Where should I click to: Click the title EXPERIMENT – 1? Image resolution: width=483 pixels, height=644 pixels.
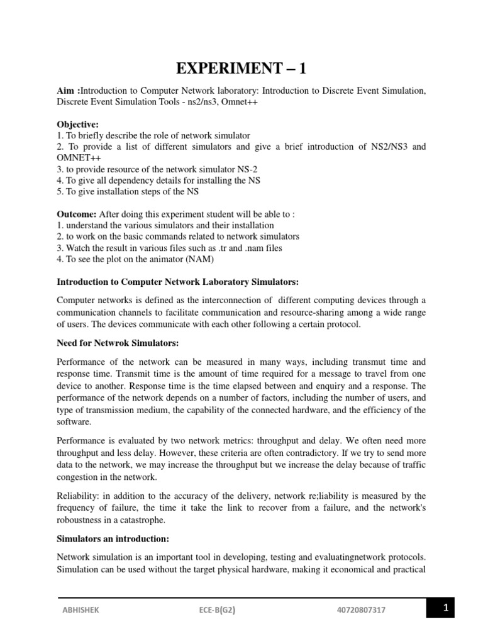point(241,69)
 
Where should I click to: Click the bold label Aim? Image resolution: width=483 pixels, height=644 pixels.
point(67,91)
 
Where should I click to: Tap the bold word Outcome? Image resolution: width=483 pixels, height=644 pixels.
point(77,214)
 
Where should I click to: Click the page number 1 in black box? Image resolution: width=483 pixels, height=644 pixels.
point(445,608)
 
